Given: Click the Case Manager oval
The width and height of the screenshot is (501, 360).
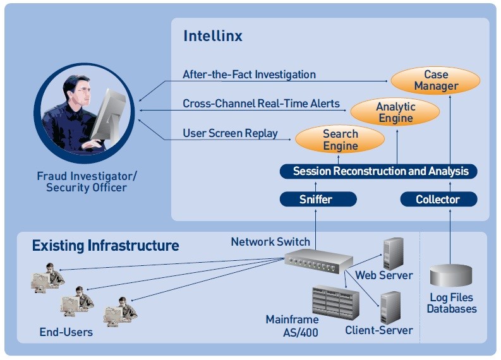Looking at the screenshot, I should [x=435, y=81].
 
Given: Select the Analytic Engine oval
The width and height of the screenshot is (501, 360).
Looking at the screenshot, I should [x=395, y=112].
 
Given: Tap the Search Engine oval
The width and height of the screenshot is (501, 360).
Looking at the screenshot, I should [x=340, y=140].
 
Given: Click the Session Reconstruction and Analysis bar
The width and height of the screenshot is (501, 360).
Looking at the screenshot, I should [x=378, y=171].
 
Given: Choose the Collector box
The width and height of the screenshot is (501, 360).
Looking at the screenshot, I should [x=438, y=200].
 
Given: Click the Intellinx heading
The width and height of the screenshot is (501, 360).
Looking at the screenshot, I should [x=212, y=36].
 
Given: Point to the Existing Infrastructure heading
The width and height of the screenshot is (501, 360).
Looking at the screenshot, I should [x=106, y=245].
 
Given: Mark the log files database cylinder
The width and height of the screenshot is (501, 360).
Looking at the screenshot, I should [x=451, y=276].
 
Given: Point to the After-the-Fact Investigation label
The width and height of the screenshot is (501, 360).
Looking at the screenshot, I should [x=249, y=75].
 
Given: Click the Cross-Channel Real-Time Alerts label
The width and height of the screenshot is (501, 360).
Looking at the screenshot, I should [x=261, y=104].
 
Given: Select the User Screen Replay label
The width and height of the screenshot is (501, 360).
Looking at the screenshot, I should [x=230, y=133].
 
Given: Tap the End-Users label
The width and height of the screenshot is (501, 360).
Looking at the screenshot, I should [x=66, y=332].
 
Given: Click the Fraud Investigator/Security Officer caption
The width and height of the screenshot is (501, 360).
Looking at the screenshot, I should [x=86, y=181].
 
